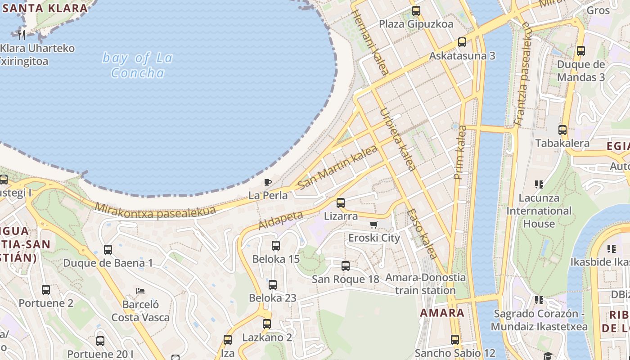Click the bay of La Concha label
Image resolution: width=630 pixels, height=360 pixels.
[x=137, y=65]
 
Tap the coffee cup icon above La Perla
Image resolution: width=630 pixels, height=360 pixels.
[x=268, y=182]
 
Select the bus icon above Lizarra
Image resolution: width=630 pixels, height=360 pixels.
[x=341, y=202]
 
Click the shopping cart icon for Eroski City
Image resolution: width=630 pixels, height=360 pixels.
[x=373, y=225]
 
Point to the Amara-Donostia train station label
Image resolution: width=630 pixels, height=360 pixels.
[x=425, y=283]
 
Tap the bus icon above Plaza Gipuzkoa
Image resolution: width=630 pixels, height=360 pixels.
[x=416, y=10]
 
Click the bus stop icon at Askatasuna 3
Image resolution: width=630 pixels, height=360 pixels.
[x=462, y=42]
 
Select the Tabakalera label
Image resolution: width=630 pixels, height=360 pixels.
[x=562, y=143]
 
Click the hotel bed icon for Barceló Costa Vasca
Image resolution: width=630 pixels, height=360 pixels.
[x=140, y=291]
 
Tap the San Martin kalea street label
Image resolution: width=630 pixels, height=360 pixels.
[x=337, y=167]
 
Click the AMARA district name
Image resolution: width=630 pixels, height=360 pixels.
[x=442, y=312]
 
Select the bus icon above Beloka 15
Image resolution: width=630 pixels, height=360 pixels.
[x=276, y=246]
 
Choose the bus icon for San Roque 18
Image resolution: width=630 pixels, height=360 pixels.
[x=346, y=265]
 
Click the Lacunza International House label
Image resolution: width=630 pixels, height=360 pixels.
[x=539, y=211]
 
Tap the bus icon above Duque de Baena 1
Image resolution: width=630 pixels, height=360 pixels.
[x=108, y=249]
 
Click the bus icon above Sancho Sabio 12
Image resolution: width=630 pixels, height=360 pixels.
[x=455, y=339]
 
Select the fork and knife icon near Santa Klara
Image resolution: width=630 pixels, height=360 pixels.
[x=21, y=34]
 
